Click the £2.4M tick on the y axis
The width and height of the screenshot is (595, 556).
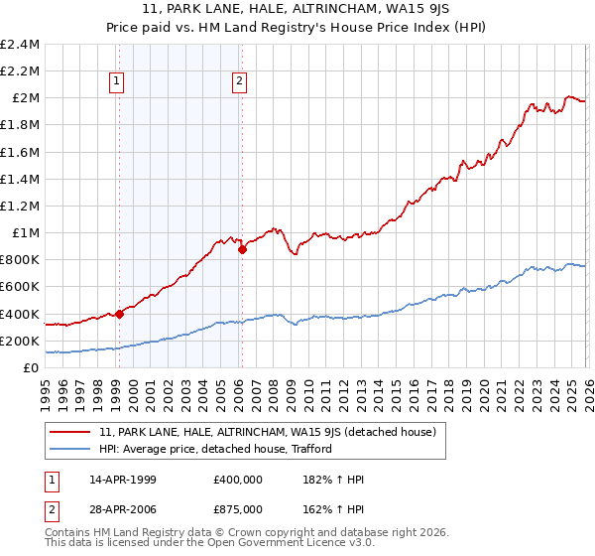pyautogui.click(x=20, y=45)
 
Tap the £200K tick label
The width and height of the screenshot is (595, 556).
pyautogui.click(x=20, y=341)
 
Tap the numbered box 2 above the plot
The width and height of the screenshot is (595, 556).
pyautogui.click(x=240, y=82)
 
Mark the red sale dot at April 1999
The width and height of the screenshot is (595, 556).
pyautogui.click(x=119, y=314)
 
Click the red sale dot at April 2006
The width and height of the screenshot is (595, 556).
pyautogui.click(x=242, y=250)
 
